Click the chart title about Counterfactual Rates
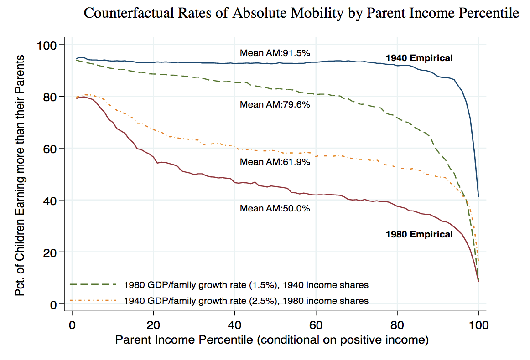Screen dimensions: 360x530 tap(301, 14)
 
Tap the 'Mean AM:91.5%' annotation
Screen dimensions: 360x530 tap(275, 52)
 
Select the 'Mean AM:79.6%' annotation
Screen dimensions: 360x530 tap(275, 104)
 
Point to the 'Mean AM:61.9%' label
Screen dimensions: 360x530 tap(275, 162)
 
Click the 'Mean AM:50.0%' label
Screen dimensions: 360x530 tap(275, 208)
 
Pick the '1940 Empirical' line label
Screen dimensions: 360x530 tap(419, 58)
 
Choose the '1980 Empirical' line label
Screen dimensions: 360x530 tap(419, 234)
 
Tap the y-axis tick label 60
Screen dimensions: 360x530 tap(50, 149)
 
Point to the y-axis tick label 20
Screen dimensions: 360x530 tap(50, 252)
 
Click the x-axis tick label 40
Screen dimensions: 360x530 tap(234, 326)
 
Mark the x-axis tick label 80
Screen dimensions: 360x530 tap(397, 326)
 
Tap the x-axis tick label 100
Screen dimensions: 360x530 tap(478, 326)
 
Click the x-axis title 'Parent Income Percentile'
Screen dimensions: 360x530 tap(272, 340)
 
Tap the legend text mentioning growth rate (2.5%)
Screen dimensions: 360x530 tap(246, 301)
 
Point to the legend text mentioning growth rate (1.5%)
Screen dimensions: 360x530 tap(246, 285)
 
